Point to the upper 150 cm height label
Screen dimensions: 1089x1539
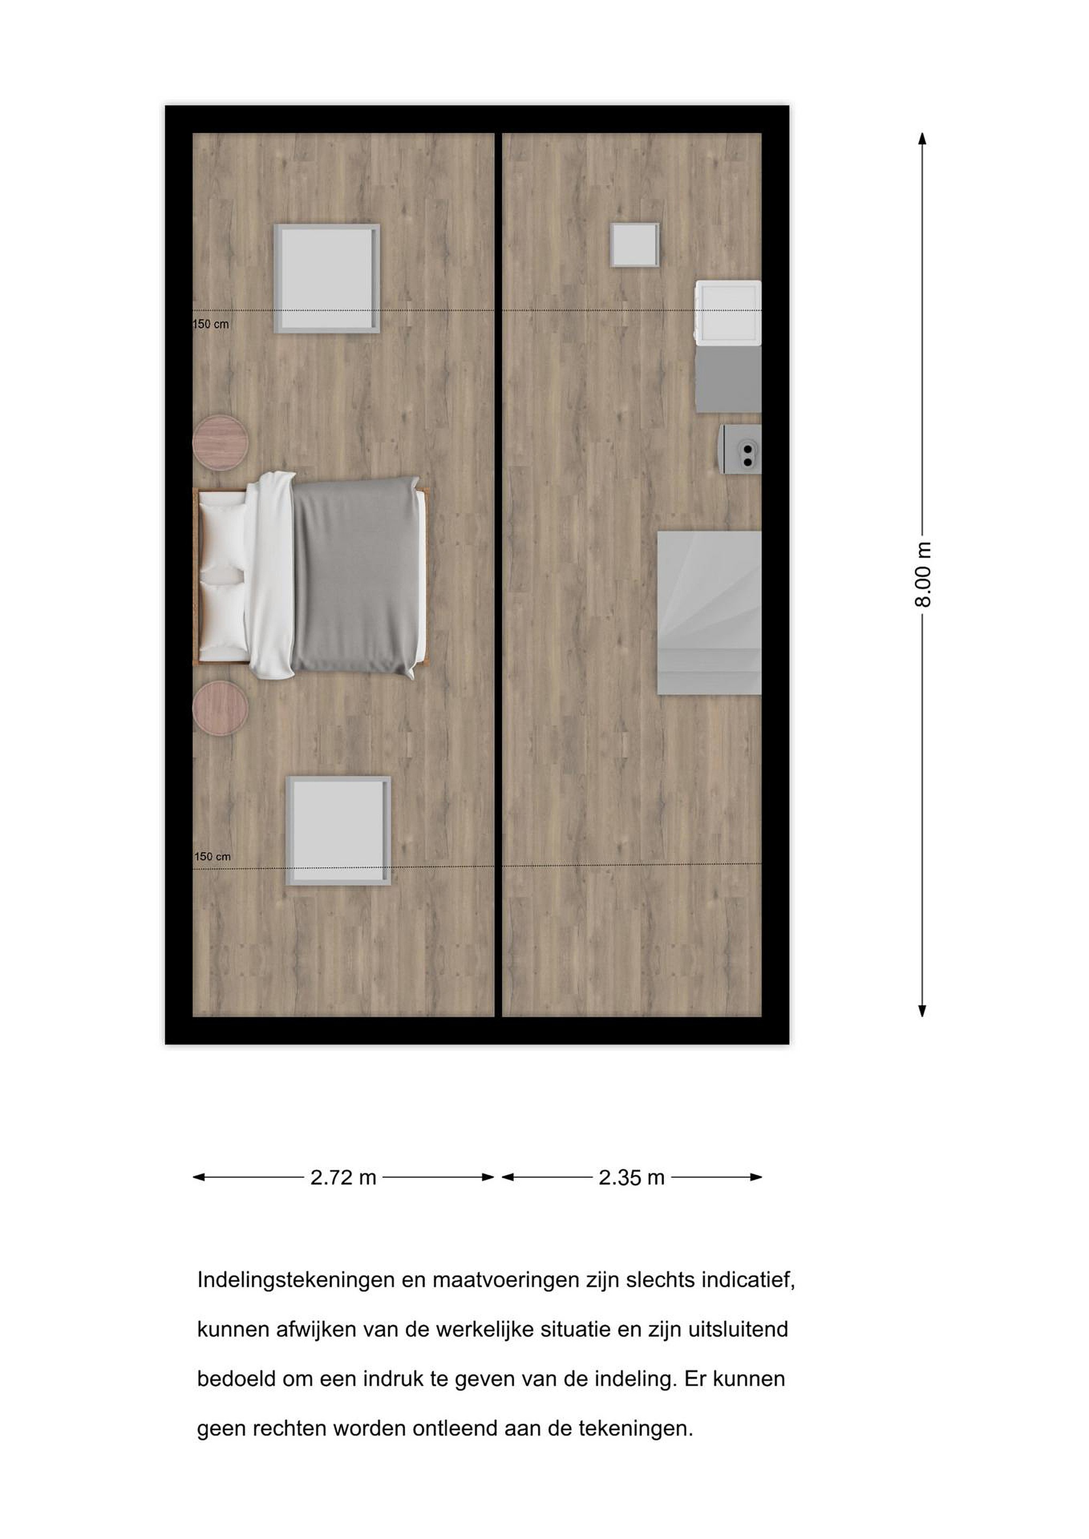(x=211, y=324)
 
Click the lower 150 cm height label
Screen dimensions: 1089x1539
(x=213, y=857)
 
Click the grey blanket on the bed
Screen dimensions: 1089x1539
(x=356, y=577)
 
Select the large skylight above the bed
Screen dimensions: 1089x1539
(x=327, y=279)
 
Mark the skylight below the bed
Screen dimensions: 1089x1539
(x=338, y=831)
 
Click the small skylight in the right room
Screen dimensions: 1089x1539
(x=635, y=245)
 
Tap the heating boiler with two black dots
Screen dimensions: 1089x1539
(x=741, y=449)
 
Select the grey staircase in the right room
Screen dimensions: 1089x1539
(x=709, y=612)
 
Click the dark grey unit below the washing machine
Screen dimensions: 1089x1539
(x=728, y=379)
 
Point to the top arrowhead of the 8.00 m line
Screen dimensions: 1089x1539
(x=923, y=139)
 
